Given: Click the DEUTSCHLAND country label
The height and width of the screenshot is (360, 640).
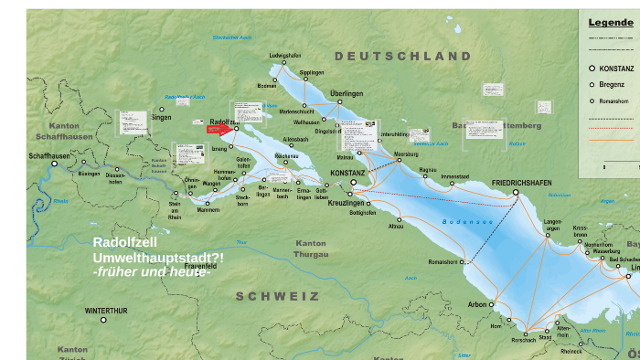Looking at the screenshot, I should click(x=403, y=57).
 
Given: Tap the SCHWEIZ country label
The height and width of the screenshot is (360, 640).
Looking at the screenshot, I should click(x=278, y=296).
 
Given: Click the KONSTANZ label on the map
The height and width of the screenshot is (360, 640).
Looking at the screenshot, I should click(x=347, y=173).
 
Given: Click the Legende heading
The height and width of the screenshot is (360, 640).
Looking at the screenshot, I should click(x=610, y=22).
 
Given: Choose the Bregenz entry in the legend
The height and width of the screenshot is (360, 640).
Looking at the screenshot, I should click(x=612, y=85).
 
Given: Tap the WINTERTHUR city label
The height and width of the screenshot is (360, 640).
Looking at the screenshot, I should click(x=107, y=311).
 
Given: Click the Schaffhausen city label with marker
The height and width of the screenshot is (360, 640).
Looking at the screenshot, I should click(x=49, y=156).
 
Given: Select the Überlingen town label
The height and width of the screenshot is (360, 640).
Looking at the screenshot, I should click(x=347, y=93).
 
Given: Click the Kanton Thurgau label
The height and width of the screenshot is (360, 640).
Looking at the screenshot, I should click(x=311, y=249).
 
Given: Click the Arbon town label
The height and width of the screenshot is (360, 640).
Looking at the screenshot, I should click(x=477, y=304).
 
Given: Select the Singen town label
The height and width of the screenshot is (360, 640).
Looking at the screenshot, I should click(x=161, y=117).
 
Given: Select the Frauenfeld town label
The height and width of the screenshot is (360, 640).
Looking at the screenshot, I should click(x=200, y=189).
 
